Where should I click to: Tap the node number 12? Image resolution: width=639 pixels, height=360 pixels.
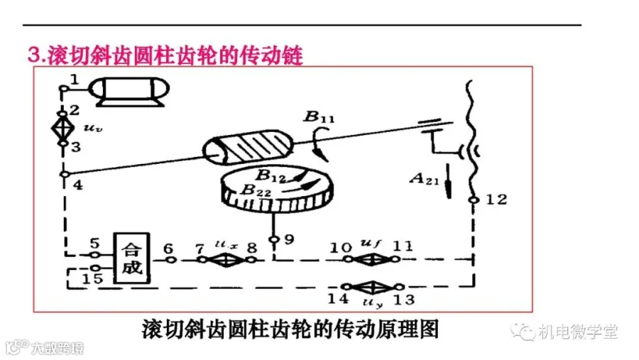[498, 200]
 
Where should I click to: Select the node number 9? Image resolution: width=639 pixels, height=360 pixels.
[288, 239]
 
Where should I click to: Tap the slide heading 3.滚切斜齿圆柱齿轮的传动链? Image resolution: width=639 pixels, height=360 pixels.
[165, 55]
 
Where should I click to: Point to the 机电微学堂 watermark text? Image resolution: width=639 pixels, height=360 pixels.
[578, 331]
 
